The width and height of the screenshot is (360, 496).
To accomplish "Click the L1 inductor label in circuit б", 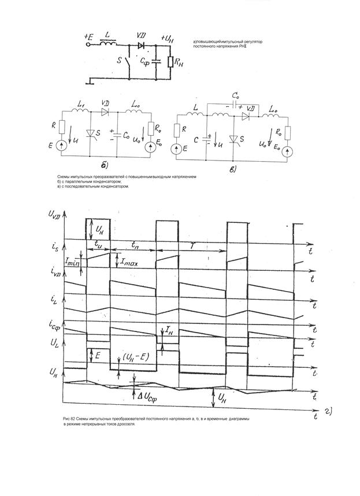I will pos(80,104).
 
